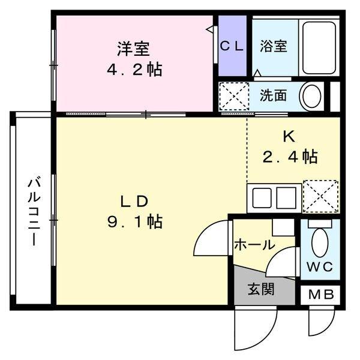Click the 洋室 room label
(133, 47)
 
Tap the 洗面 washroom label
(273, 95)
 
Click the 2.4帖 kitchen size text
(290, 157)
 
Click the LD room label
(133, 200)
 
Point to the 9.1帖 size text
(133, 221)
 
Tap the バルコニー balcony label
(34, 211)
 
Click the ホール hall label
(254, 245)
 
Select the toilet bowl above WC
(319, 243)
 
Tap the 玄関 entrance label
(262, 289)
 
